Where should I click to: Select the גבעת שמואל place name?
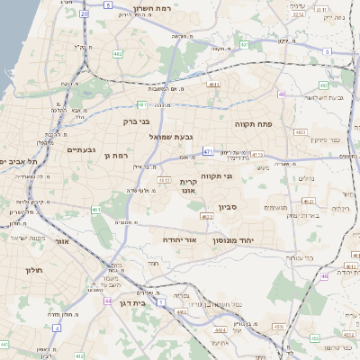[x=171, y=137]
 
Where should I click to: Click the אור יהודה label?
[x=179, y=240]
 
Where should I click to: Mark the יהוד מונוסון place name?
[x=238, y=240]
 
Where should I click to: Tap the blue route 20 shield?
[x=84, y=14]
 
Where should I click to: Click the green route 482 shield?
[x=118, y=54]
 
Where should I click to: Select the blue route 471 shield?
[x=208, y=151]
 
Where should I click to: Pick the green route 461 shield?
[x=96, y=210]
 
